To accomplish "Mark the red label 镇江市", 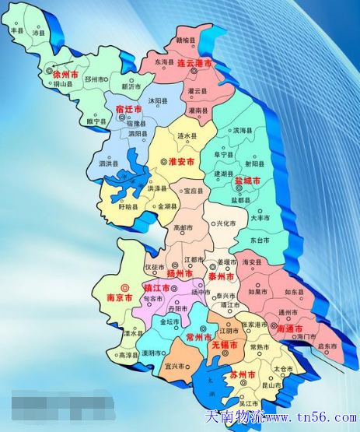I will pyautogui.click(x=158, y=287).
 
